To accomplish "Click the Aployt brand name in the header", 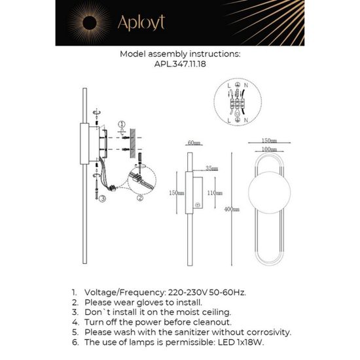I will point(141,24).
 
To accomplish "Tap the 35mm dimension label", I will point(210,168).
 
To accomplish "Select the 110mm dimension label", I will point(211,193).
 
